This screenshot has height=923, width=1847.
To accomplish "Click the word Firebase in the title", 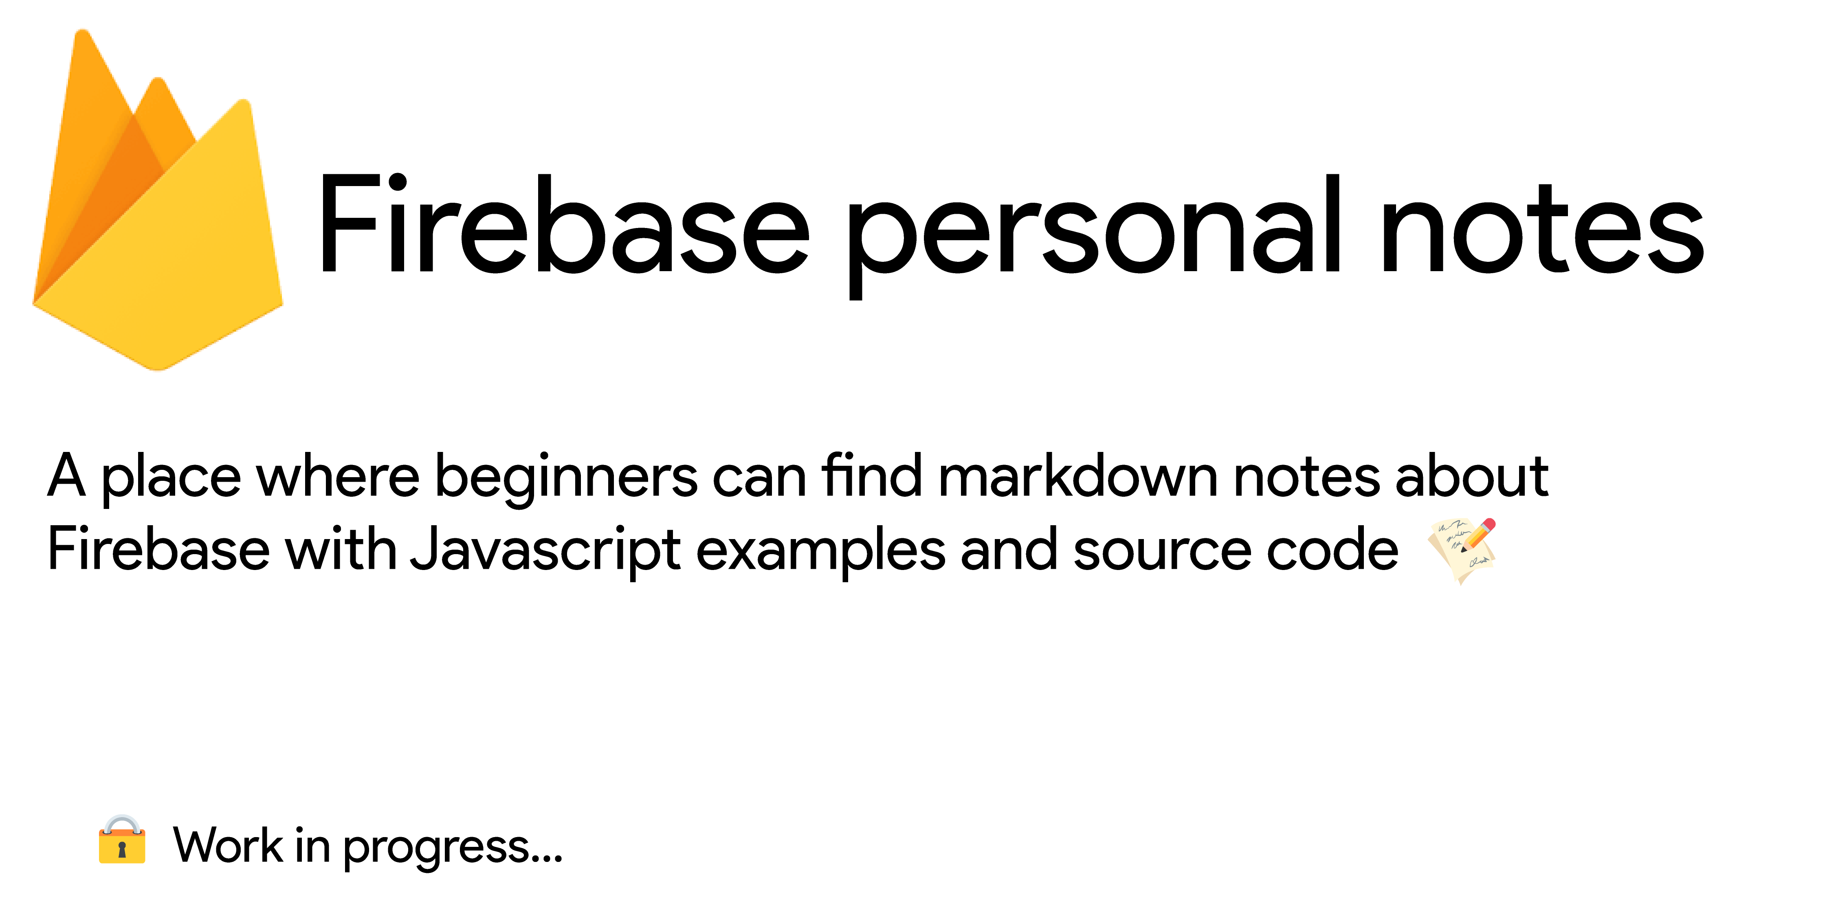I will (x=563, y=226).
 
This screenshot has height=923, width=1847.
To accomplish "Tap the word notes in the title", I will (x=1541, y=229).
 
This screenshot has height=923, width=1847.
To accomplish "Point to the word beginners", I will (x=566, y=479).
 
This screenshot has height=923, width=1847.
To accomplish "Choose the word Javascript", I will (x=545, y=552).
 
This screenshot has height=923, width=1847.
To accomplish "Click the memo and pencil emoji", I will (x=1463, y=550).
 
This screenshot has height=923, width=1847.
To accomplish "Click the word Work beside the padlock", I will (x=228, y=846).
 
